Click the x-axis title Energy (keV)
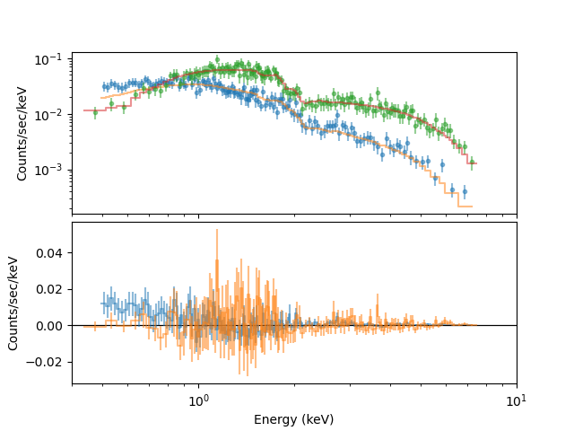tap(293, 419)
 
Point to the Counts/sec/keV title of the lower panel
tap(13, 303)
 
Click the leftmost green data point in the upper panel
tap(95, 112)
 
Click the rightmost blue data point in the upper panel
tap(464, 191)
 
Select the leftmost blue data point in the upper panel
tap(104, 86)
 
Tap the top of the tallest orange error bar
tap(216, 229)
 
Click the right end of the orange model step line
tap(473, 207)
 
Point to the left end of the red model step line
tap(84, 110)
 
